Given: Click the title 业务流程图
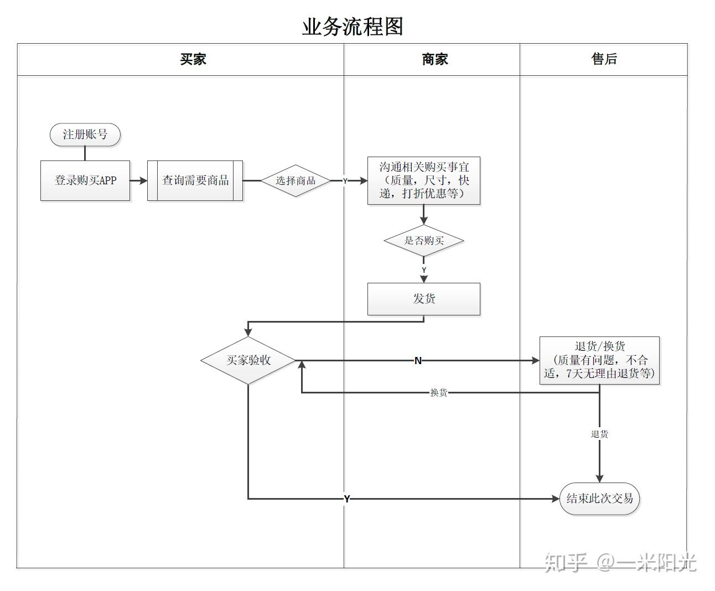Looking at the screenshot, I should pyautogui.click(x=353, y=27).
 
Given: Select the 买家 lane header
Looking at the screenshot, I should pyautogui.click(x=193, y=59).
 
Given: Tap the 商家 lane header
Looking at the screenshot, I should pyautogui.click(x=435, y=59).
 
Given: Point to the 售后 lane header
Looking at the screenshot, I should pyautogui.click(x=604, y=59).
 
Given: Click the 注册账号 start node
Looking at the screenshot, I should pyautogui.click(x=85, y=134).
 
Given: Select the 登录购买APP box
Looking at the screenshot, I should pyautogui.click(x=85, y=180).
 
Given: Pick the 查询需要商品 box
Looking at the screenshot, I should pyautogui.click(x=195, y=180).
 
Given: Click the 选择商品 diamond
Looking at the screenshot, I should pyautogui.click(x=296, y=180).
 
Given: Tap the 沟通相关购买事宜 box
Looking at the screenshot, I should pyautogui.click(x=424, y=180).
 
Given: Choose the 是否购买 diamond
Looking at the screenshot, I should pyautogui.click(x=424, y=241).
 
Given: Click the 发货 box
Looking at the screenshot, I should pyautogui.click(x=424, y=299).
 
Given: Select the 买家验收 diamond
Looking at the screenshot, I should pyautogui.click(x=248, y=360).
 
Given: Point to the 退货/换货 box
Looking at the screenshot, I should pyautogui.click(x=599, y=360).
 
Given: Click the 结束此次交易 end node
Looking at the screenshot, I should pyautogui.click(x=599, y=499).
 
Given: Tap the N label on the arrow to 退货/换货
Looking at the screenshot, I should pyautogui.click(x=418, y=361).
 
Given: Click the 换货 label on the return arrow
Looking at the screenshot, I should pyautogui.click(x=438, y=393).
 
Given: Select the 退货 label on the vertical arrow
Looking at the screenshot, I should pyautogui.click(x=599, y=434).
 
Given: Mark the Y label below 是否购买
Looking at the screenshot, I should pyautogui.click(x=424, y=270).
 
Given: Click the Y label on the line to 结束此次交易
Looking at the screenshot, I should pyautogui.click(x=347, y=499).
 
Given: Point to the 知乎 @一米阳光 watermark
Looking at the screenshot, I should pyautogui.click(x=620, y=563).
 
